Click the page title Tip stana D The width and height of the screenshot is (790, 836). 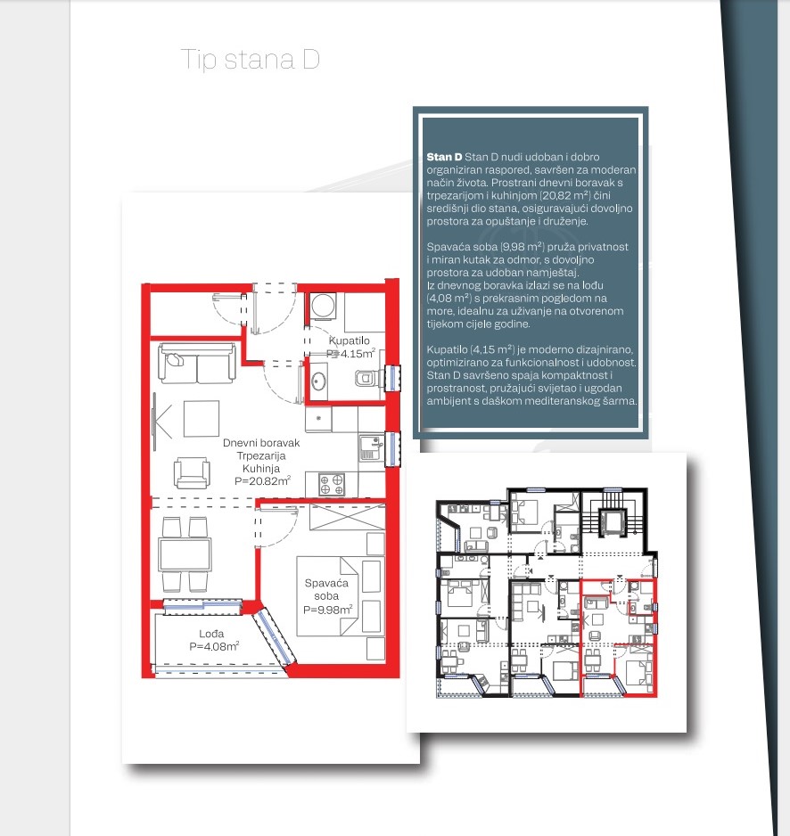(251, 59)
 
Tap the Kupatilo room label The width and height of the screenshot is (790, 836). (350, 340)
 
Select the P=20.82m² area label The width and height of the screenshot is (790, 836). (262, 480)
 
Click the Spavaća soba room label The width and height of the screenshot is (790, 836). (326, 589)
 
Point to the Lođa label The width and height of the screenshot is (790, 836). (211, 634)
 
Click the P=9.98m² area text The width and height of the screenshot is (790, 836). (327, 610)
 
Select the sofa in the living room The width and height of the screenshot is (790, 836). (197, 364)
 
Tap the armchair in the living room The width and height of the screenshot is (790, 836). (192, 472)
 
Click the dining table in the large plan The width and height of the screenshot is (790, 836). (185, 554)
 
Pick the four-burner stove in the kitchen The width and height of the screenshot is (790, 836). (332, 485)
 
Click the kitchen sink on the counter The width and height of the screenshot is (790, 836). (371, 447)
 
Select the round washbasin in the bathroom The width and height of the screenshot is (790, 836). (318, 381)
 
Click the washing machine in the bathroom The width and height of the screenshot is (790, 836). (324, 306)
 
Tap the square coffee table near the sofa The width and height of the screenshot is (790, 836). (202, 419)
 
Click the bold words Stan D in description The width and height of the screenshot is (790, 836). (444, 157)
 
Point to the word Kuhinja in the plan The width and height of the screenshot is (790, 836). (261, 468)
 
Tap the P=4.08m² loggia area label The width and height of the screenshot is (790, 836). (214, 646)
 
